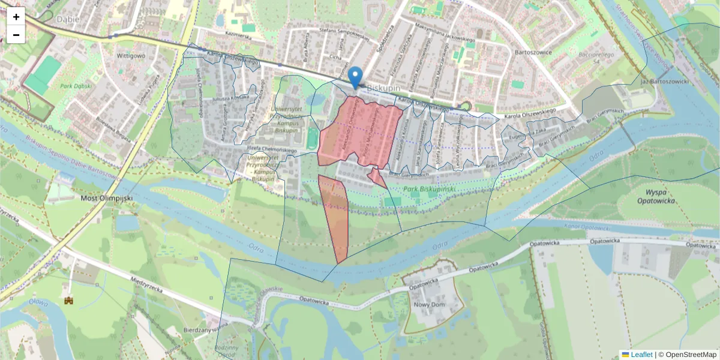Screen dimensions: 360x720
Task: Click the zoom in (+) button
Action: [16, 17]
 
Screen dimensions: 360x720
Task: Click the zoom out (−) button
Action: [16, 34]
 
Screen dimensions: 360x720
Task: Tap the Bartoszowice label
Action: [533, 52]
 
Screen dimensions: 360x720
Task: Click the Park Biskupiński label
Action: [430, 189]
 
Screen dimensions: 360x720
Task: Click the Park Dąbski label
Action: [76, 86]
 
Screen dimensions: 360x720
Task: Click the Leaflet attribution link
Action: [641, 355]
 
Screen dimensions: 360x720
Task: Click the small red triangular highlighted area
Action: [377, 178]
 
